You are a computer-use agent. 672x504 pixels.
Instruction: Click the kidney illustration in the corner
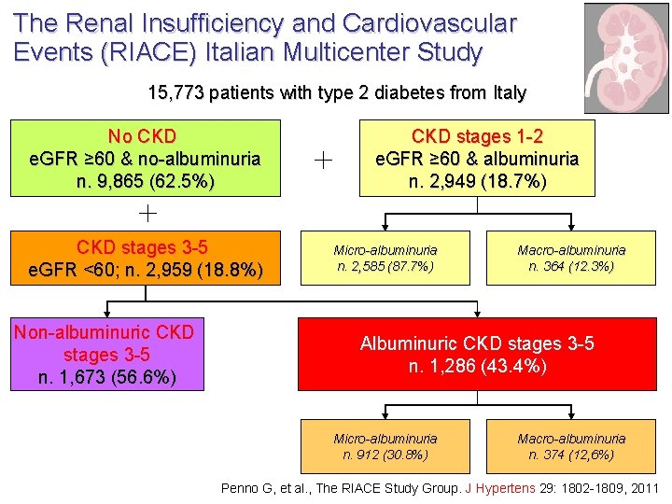[x=626, y=58]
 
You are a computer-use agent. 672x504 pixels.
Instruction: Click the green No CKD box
[x=145, y=158]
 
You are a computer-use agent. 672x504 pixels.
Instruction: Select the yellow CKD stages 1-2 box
[x=477, y=158]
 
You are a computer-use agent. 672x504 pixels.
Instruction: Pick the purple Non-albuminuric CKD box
[x=104, y=355]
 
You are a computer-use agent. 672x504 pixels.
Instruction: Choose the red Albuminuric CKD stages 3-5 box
[x=477, y=355]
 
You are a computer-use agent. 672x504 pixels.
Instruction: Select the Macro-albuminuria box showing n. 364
[x=571, y=259]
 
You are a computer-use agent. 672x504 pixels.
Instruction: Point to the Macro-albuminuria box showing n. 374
[x=571, y=446]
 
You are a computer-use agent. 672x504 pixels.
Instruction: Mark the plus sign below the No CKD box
[x=147, y=213]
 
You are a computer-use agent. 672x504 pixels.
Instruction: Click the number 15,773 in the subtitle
[x=176, y=93]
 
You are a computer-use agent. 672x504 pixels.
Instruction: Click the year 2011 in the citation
[x=644, y=488]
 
